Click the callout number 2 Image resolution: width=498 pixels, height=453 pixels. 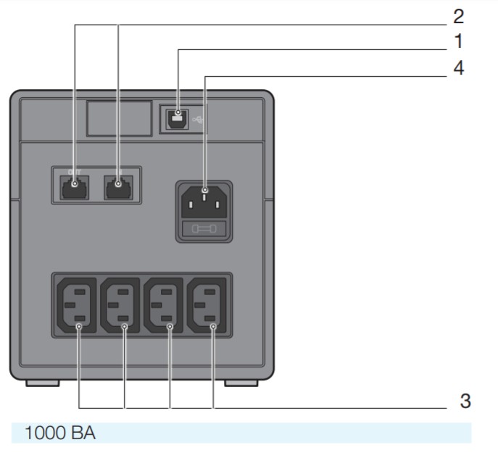tap(458, 16)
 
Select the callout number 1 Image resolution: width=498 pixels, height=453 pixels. tap(458, 41)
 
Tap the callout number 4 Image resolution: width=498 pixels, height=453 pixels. tap(458, 69)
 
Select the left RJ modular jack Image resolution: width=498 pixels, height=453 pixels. tap(74, 186)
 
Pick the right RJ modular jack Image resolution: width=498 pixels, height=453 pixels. tap(117, 186)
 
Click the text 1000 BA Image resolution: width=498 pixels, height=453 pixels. tap(60, 433)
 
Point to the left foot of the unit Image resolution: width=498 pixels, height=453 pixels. tap(42, 381)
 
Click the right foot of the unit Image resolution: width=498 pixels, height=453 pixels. tap(240, 381)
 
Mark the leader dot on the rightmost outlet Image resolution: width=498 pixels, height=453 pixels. tap(213, 327)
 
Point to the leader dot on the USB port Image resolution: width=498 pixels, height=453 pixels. tap(177, 114)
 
